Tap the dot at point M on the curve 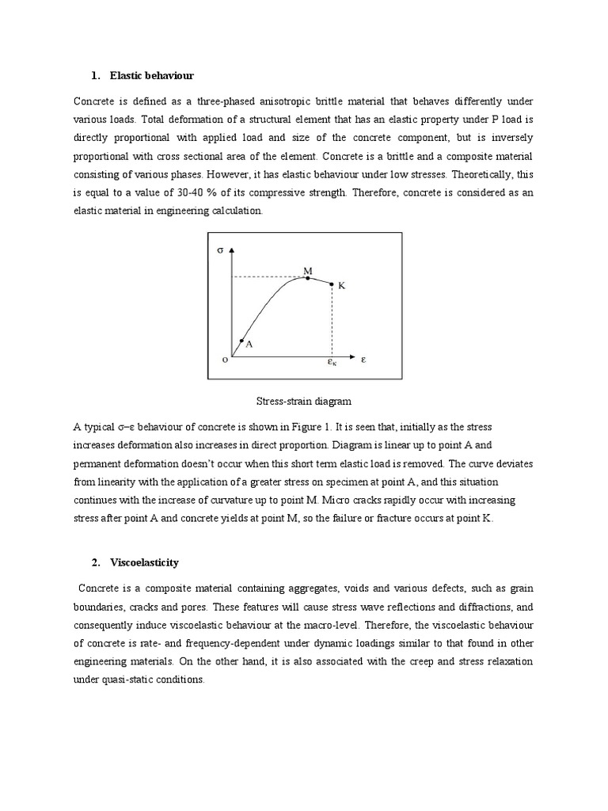point(308,278)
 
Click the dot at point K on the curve point(331,284)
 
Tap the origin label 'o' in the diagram point(225,360)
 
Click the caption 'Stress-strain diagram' point(303,402)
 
